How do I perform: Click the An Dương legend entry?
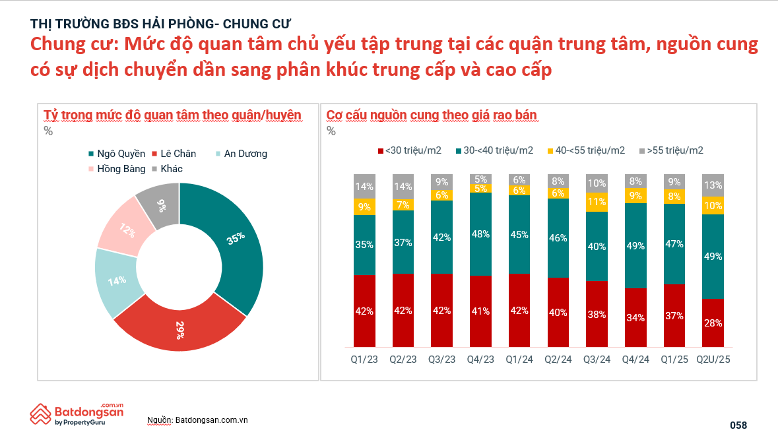241,154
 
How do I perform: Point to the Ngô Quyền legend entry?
116,154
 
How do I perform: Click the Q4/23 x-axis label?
480,360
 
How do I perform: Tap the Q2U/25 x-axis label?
713,360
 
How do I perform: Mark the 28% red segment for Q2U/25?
713,323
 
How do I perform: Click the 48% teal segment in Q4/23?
480,234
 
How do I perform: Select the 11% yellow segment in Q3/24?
597,203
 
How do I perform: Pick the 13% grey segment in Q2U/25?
713,185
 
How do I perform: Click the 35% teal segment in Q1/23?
364,245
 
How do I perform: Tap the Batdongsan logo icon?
40,414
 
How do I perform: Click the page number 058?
738,425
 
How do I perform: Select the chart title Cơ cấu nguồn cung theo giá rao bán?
432,115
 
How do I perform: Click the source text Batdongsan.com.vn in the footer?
211,420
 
